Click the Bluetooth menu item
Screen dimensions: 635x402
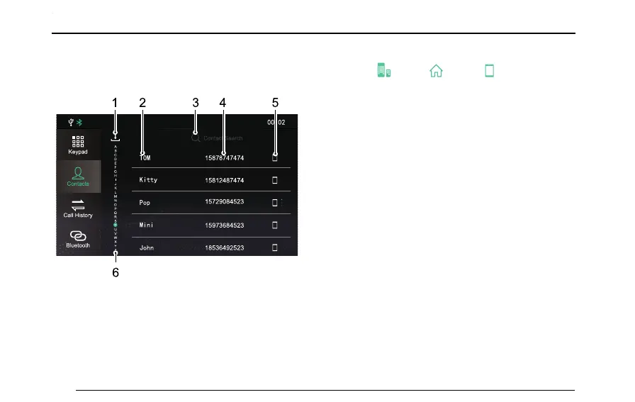(x=79, y=238)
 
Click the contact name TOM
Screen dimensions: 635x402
(x=145, y=157)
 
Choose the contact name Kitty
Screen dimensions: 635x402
(x=148, y=180)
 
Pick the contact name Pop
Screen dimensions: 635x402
(x=145, y=203)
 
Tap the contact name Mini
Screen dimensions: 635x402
(x=147, y=225)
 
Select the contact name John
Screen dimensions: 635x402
(x=147, y=248)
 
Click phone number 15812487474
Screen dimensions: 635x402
(x=224, y=180)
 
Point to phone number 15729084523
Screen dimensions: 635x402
(x=224, y=203)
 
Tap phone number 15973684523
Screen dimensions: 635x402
(x=224, y=225)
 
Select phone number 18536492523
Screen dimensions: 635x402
(x=224, y=248)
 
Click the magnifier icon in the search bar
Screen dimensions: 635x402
(x=196, y=138)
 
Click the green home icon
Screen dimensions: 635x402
(x=435, y=71)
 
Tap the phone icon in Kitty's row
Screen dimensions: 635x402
(x=275, y=180)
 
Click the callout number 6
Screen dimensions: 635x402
(x=115, y=272)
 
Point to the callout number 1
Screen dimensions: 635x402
(x=115, y=102)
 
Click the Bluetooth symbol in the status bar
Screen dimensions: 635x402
(x=79, y=122)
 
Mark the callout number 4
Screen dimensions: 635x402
(x=223, y=102)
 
